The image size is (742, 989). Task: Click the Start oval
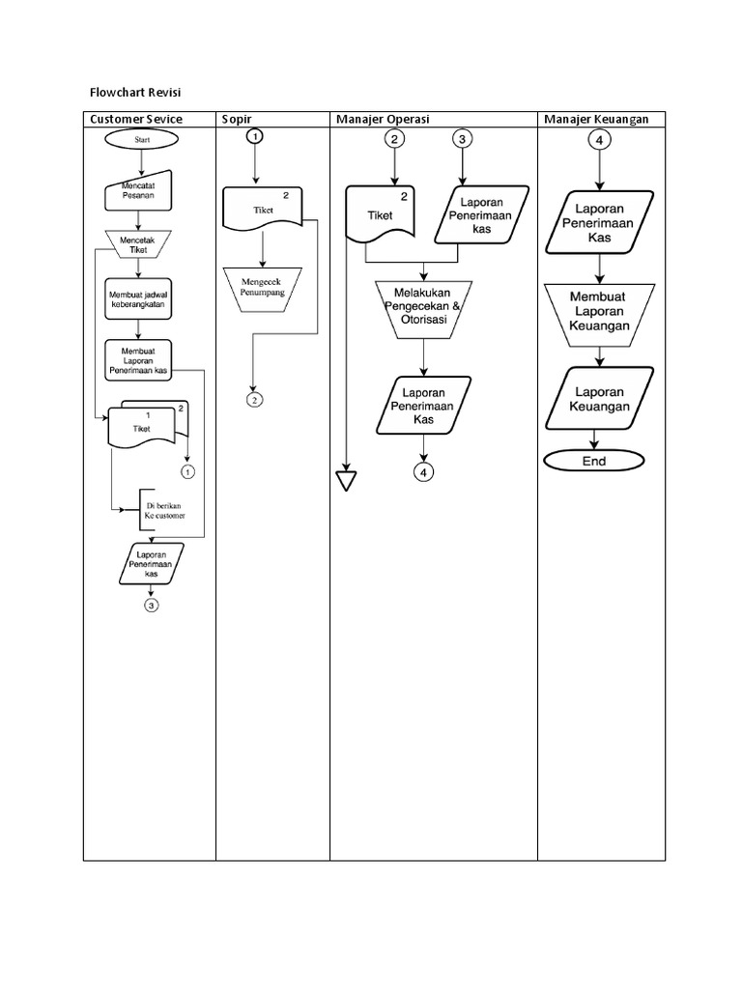click(x=141, y=139)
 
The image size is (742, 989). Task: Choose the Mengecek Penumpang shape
click(x=263, y=285)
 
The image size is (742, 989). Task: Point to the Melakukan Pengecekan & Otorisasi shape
click(x=423, y=309)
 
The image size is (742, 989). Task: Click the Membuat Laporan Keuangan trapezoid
click(x=599, y=311)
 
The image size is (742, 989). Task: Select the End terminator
click(x=593, y=461)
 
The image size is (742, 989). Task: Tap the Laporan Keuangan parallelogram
click(x=601, y=399)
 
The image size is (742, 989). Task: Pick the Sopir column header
click(x=237, y=119)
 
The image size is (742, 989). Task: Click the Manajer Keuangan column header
click(x=595, y=119)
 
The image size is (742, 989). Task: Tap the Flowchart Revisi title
click(x=136, y=92)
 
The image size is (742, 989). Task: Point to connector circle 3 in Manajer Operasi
click(x=463, y=140)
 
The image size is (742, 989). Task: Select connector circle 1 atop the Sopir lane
click(x=255, y=138)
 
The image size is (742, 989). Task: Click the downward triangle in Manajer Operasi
click(x=346, y=480)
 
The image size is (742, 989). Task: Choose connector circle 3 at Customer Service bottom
click(x=151, y=606)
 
